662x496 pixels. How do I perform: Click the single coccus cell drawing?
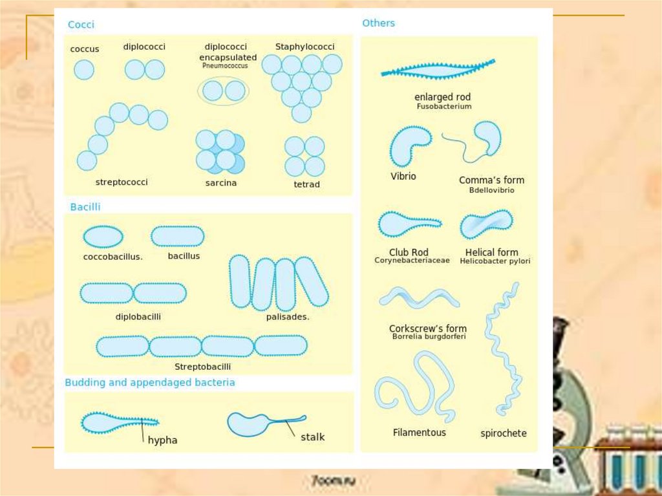click(84, 69)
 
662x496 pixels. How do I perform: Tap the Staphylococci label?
click(304, 47)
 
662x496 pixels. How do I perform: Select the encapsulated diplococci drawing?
click(224, 91)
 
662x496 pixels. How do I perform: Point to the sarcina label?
click(221, 183)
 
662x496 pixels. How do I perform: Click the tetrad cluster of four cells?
click(304, 156)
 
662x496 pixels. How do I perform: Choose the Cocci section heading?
click(81, 25)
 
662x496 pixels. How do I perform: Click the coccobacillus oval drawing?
click(103, 236)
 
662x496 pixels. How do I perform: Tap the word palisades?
click(288, 317)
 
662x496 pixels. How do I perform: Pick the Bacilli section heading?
click(85, 207)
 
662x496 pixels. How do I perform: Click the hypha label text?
click(162, 440)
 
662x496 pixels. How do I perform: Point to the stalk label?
click(312, 437)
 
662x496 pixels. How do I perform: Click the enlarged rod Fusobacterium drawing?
click(438, 69)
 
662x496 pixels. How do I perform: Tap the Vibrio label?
click(403, 176)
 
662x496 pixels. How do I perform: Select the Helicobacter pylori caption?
click(495, 261)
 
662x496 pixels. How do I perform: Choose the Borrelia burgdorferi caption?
click(429, 336)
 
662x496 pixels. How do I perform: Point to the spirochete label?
click(504, 433)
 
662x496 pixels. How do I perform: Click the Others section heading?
click(378, 23)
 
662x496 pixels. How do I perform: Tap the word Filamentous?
click(420, 432)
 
